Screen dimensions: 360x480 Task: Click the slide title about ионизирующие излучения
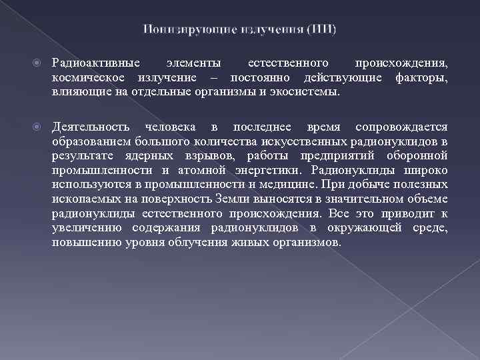pos(239,29)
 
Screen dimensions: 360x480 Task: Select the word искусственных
pos(307,141)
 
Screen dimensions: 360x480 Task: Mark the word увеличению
pos(81,228)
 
